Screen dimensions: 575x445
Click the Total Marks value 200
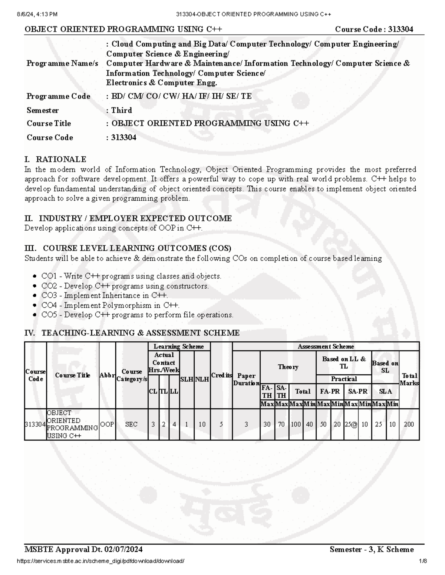(x=409, y=424)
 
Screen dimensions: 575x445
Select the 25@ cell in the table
(x=351, y=424)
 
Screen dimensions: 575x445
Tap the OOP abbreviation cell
(x=107, y=424)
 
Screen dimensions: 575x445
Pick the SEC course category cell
(x=131, y=424)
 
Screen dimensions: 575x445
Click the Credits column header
(x=221, y=375)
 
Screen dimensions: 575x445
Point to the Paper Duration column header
(x=246, y=379)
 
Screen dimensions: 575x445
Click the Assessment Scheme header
(x=326, y=347)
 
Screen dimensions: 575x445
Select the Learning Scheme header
(x=179, y=347)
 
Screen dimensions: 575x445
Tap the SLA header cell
(x=385, y=391)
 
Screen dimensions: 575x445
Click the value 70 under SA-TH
(x=281, y=424)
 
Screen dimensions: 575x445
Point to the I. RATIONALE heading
(x=55, y=159)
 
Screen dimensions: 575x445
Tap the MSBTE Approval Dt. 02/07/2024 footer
(x=83, y=549)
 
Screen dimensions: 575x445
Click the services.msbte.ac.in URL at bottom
(x=100, y=561)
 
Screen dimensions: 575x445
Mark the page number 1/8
(x=423, y=561)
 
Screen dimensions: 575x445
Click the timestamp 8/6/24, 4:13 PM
(x=37, y=14)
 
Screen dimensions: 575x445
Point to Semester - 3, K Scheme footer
(x=372, y=549)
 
